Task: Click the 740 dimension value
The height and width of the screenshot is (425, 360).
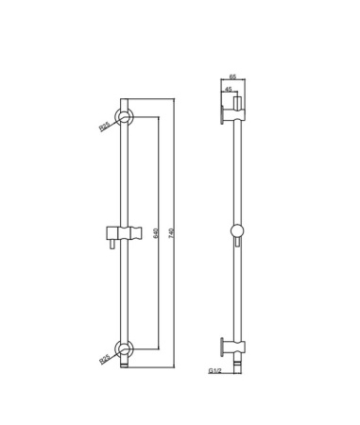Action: click(x=171, y=233)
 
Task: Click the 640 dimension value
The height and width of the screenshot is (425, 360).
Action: click(x=155, y=233)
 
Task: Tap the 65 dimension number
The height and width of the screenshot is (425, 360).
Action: click(x=232, y=76)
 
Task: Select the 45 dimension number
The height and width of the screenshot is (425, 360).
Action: click(x=229, y=89)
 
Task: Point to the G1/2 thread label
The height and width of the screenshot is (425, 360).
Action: click(x=215, y=371)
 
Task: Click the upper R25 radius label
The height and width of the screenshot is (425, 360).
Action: click(x=104, y=127)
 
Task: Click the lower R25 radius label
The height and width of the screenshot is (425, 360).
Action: click(x=104, y=359)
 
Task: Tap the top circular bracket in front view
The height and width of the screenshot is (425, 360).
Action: click(x=125, y=117)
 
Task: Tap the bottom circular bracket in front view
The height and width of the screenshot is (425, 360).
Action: click(x=125, y=348)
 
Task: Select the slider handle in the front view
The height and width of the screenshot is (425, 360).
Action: click(x=124, y=233)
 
